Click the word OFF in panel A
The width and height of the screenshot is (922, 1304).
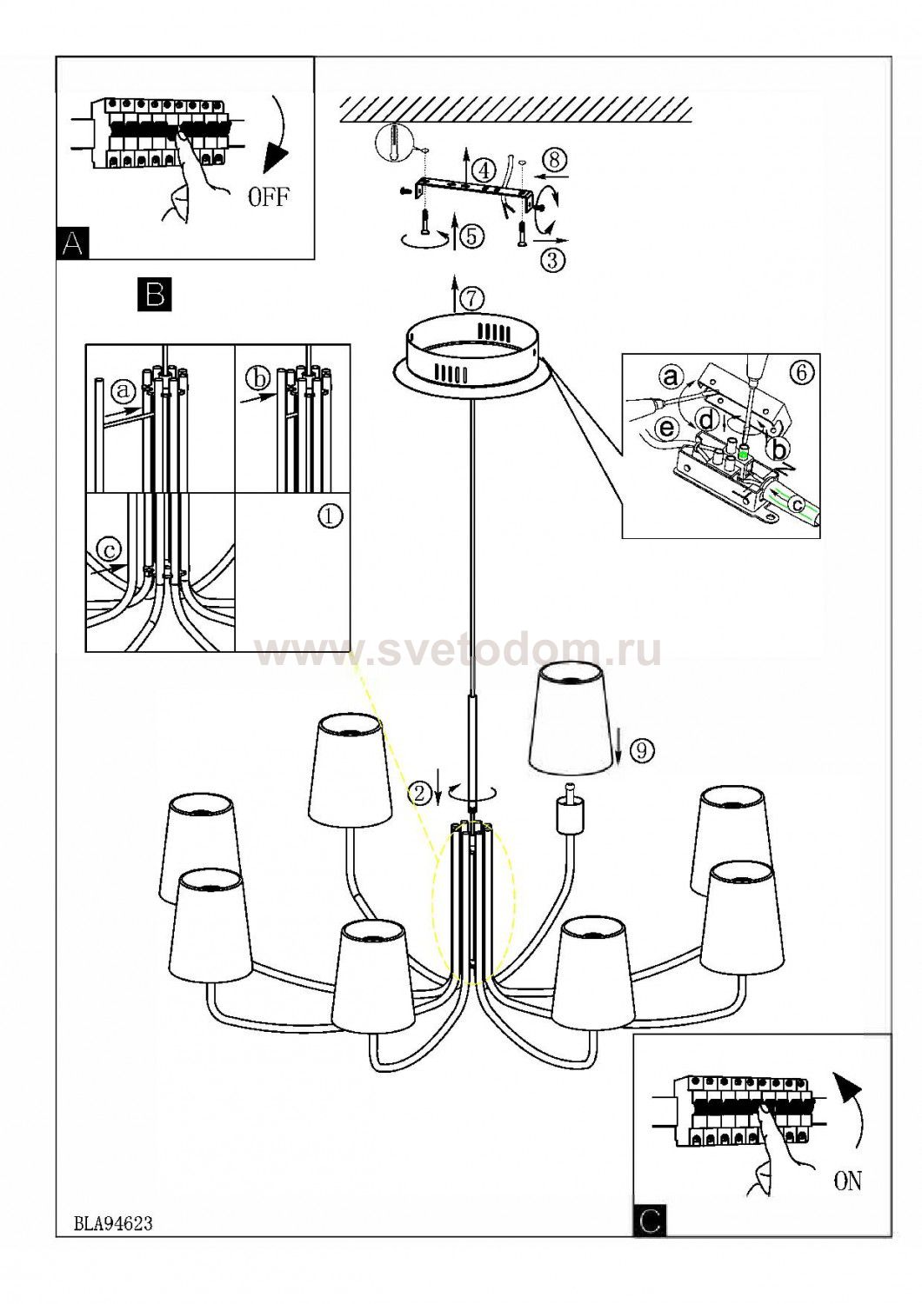click(x=268, y=198)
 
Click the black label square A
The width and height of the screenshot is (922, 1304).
click(x=73, y=243)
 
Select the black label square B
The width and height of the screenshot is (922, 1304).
click(x=155, y=295)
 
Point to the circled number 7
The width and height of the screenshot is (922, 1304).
click(x=471, y=299)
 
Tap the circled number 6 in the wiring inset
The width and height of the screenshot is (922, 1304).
click(x=801, y=373)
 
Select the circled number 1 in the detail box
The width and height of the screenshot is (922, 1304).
click(x=330, y=516)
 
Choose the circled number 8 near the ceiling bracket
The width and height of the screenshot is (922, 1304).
click(x=555, y=160)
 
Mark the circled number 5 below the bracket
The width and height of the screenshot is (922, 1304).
click(x=471, y=237)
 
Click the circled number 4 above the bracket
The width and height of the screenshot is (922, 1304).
click(x=484, y=171)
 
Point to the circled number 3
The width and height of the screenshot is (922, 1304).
click(x=552, y=260)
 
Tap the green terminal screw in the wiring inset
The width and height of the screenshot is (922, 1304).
click(x=743, y=452)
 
